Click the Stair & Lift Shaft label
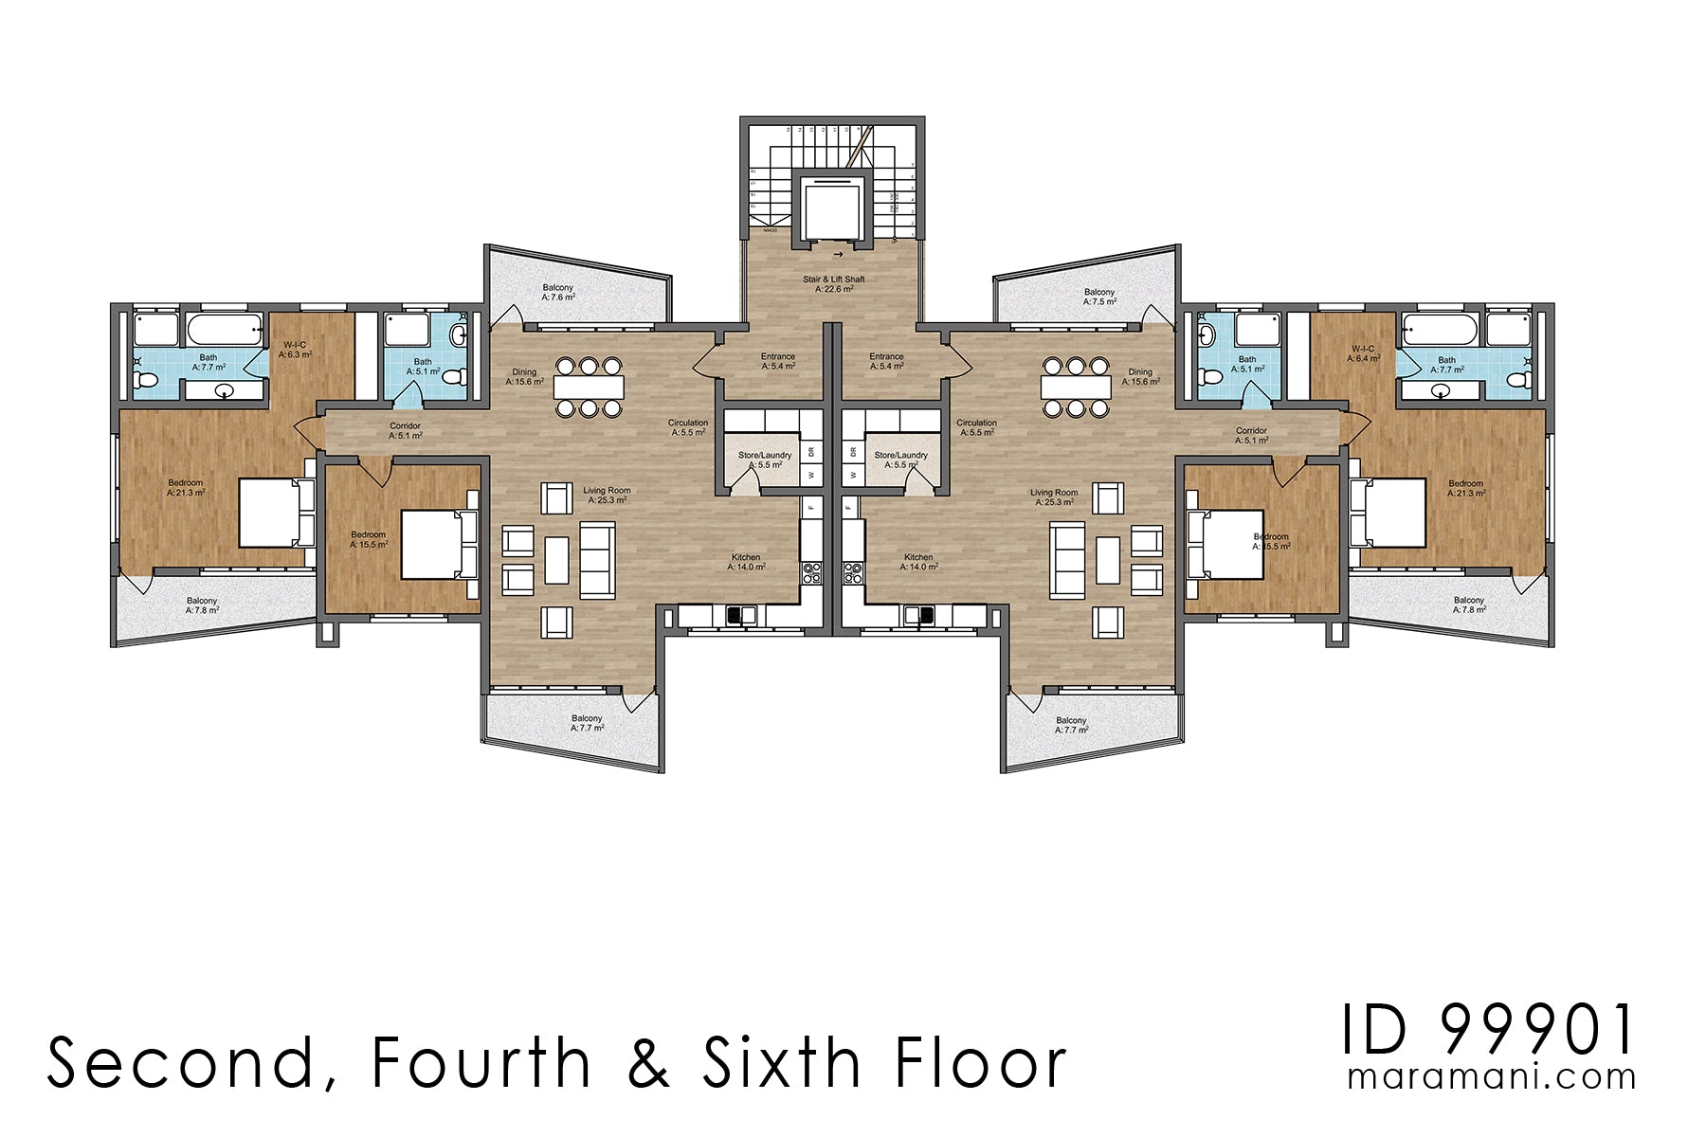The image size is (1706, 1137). point(834,280)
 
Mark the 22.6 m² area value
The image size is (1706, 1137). point(834,289)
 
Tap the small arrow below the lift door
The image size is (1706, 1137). point(838,256)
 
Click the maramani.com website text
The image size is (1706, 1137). point(1492,1077)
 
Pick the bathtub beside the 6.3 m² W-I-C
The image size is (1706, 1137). point(225,330)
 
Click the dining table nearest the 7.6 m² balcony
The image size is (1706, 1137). point(589,387)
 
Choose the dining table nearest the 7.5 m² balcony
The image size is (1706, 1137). point(1075,387)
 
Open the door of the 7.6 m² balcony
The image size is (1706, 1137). point(504,317)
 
